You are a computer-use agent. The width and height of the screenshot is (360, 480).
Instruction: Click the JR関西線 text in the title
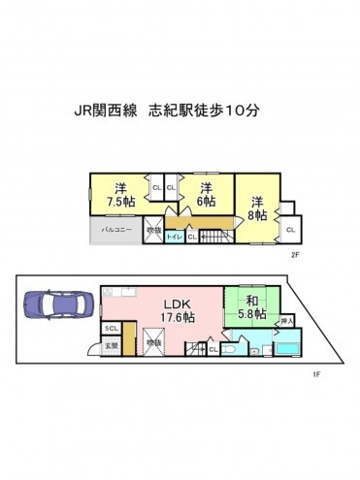pos(106,112)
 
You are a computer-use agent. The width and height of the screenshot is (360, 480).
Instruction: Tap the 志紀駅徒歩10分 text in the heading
pos(203,112)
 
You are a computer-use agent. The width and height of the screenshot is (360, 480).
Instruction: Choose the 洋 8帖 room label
pos(258,208)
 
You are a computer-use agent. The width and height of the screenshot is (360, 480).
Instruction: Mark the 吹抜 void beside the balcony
pos(153,231)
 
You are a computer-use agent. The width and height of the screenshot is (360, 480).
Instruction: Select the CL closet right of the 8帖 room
pos(290,229)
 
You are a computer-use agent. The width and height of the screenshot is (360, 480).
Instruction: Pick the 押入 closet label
pos(286,321)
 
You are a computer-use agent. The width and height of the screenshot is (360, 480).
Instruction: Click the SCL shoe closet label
pos(112,328)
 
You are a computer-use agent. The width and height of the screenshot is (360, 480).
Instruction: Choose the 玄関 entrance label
pos(112,345)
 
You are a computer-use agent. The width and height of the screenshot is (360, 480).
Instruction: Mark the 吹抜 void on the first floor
pos(153,342)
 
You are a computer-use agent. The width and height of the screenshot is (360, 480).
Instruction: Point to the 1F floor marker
pos(315,373)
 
